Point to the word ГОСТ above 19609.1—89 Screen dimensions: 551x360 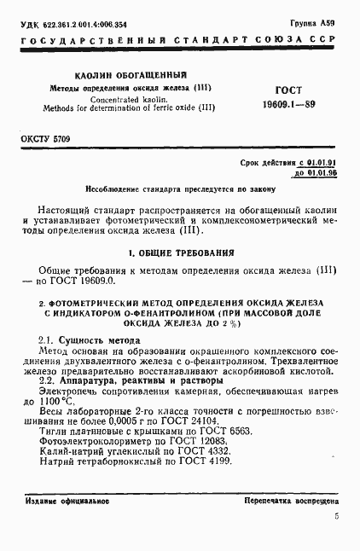tap(288, 89)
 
